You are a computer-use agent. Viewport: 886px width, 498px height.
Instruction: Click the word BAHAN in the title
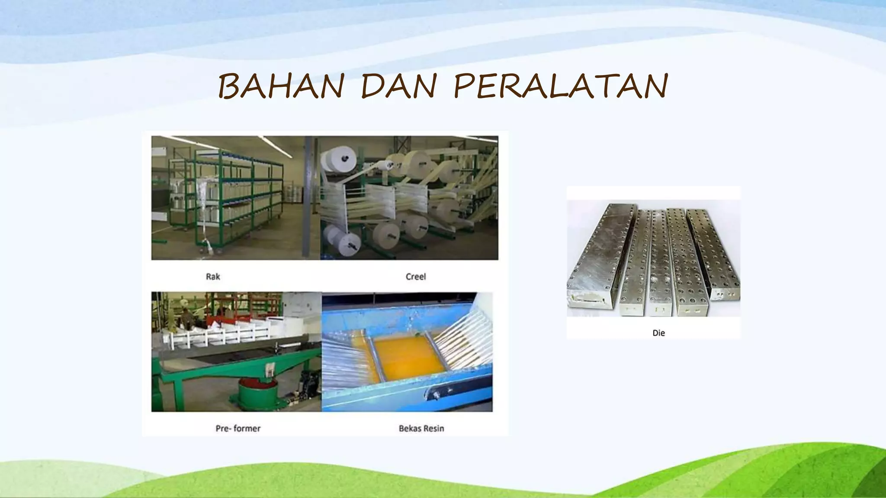(281, 86)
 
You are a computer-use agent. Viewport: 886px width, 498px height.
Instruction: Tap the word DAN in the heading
(399, 86)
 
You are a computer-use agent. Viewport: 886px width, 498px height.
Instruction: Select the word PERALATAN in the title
(561, 86)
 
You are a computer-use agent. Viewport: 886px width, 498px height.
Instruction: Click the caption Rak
(213, 277)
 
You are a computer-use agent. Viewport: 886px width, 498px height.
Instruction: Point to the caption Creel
(416, 277)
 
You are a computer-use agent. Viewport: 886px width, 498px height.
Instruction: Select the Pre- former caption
(238, 428)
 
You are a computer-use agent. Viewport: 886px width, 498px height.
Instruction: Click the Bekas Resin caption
(421, 428)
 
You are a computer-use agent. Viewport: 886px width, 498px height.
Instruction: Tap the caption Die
(658, 333)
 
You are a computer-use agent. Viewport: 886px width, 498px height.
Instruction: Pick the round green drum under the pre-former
(258, 393)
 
